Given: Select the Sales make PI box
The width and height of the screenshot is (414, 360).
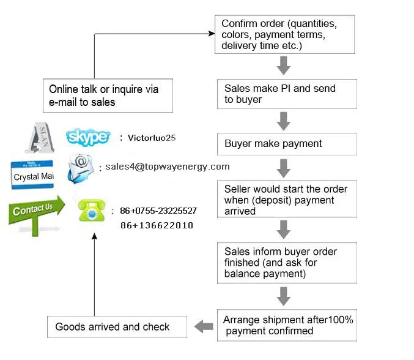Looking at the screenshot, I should click(x=287, y=94).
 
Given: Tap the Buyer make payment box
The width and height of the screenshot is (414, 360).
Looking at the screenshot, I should click(x=287, y=144).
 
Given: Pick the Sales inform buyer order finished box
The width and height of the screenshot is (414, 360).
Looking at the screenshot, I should click(x=287, y=262).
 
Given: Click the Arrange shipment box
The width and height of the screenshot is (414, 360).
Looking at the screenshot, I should click(x=287, y=325).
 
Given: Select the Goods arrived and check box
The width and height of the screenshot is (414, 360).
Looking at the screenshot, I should click(x=117, y=327).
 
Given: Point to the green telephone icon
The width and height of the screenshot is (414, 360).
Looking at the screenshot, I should click(x=92, y=211).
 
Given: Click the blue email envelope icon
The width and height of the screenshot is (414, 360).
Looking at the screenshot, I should click(x=81, y=168).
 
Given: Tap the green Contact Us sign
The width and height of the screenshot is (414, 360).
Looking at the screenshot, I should click(x=35, y=211).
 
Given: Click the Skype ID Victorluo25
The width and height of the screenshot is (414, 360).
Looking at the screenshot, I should click(x=152, y=138).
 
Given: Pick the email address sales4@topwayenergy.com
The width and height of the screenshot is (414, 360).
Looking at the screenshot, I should click(x=167, y=167).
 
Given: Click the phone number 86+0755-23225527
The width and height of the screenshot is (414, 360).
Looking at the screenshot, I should click(x=158, y=211).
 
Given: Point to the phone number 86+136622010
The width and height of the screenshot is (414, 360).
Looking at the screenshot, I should click(x=157, y=225).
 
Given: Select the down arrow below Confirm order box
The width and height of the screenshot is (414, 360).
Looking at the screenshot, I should click(x=283, y=65).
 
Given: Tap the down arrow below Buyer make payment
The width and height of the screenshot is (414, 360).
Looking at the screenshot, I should click(x=283, y=167).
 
